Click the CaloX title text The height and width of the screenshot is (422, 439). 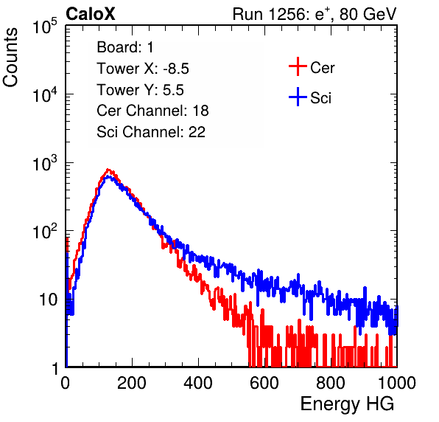(91, 14)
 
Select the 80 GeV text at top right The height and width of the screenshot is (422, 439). (368, 14)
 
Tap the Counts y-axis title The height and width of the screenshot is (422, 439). (10, 58)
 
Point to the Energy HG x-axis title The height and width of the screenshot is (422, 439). (348, 404)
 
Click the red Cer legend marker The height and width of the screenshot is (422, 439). (298, 66)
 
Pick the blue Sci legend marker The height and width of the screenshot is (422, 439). (298, 97)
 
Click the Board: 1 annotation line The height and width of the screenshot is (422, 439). (125, 47)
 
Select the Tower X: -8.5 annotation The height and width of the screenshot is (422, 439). (143, 69)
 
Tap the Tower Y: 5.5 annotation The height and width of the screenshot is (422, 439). (140, 90)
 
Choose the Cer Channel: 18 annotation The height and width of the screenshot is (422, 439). (152, 111)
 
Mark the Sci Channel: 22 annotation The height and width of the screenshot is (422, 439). (151, 132)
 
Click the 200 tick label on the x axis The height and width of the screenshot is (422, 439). (132, 383)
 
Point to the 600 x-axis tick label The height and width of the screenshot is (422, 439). (264, 383)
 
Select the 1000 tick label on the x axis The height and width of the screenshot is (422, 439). (397, 383)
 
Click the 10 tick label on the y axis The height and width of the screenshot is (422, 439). (49, 300)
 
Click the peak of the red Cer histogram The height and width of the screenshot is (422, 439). (108, 170)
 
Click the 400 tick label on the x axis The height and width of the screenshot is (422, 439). (198, 383)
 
